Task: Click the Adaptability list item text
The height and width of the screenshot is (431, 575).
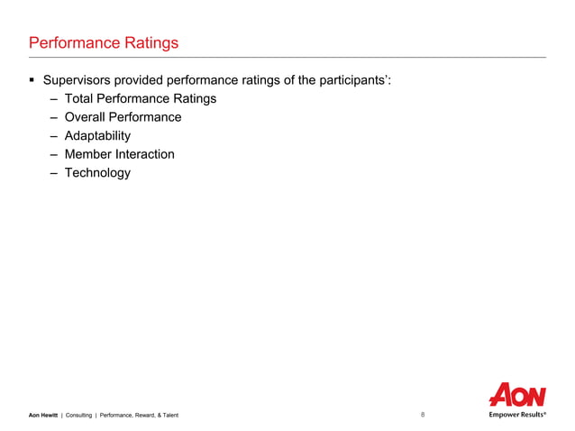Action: pos(97,135)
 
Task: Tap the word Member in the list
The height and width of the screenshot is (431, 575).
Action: pos(88,154)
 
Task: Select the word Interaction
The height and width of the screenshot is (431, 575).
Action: pos(145,154)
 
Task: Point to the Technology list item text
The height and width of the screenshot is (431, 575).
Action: pos(97,172)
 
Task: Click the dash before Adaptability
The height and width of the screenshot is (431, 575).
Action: pos(54,135)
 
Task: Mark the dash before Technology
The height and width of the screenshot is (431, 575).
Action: pos(54,172)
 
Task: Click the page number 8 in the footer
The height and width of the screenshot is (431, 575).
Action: pos(423,415)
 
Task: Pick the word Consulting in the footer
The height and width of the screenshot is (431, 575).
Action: pos(79,415)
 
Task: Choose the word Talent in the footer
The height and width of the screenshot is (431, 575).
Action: pos(168,415)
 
